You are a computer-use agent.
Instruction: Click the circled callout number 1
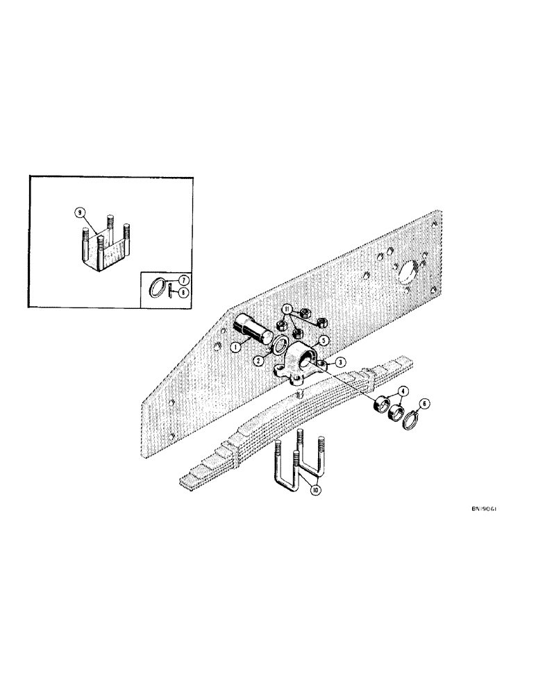(x=237, y=346)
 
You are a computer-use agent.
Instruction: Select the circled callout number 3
(x=341, y=363)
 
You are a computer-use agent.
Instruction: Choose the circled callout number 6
(x=425, y=402)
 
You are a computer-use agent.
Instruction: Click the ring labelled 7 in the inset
(x=159, y=286)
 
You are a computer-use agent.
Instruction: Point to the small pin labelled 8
(x=170, y=290)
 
